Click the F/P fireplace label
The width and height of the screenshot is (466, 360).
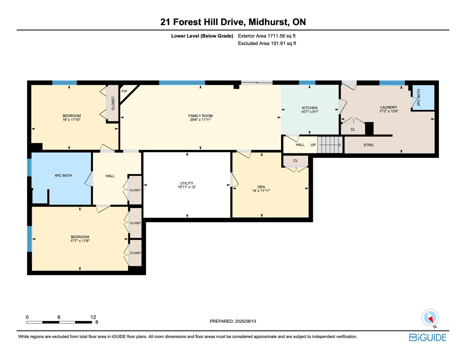[x=124, y=92]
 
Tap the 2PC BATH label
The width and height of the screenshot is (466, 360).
[x=418, y=98]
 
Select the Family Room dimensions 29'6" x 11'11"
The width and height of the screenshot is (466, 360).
[x=201, y=120]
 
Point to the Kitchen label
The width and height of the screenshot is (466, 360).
[x=309, y=108]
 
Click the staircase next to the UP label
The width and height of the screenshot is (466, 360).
[x=330, y=145]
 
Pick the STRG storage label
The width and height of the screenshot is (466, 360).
[x=368, y=145]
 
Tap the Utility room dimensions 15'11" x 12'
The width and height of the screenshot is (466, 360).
[x=187, y=187]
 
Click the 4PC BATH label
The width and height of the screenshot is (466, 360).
[x=63, y=175]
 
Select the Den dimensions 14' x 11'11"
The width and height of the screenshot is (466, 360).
[x=261, y=191]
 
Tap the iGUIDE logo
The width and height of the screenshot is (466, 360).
[x=428, y=337]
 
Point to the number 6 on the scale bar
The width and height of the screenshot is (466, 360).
[x=59, y=317]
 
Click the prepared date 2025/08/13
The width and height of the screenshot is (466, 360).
[x=245, y=321]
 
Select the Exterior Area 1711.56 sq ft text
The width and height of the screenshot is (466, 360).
[x=267, y=36]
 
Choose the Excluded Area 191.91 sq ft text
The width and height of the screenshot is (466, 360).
[x=267, y=44]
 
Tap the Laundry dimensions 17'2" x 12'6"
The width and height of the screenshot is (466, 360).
[x=388, y=111]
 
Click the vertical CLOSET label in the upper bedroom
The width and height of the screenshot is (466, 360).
[x=113, y=103]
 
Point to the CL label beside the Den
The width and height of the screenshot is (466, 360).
[x=295, y=161]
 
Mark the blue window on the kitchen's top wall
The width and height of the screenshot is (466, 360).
[x=307, y=83]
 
